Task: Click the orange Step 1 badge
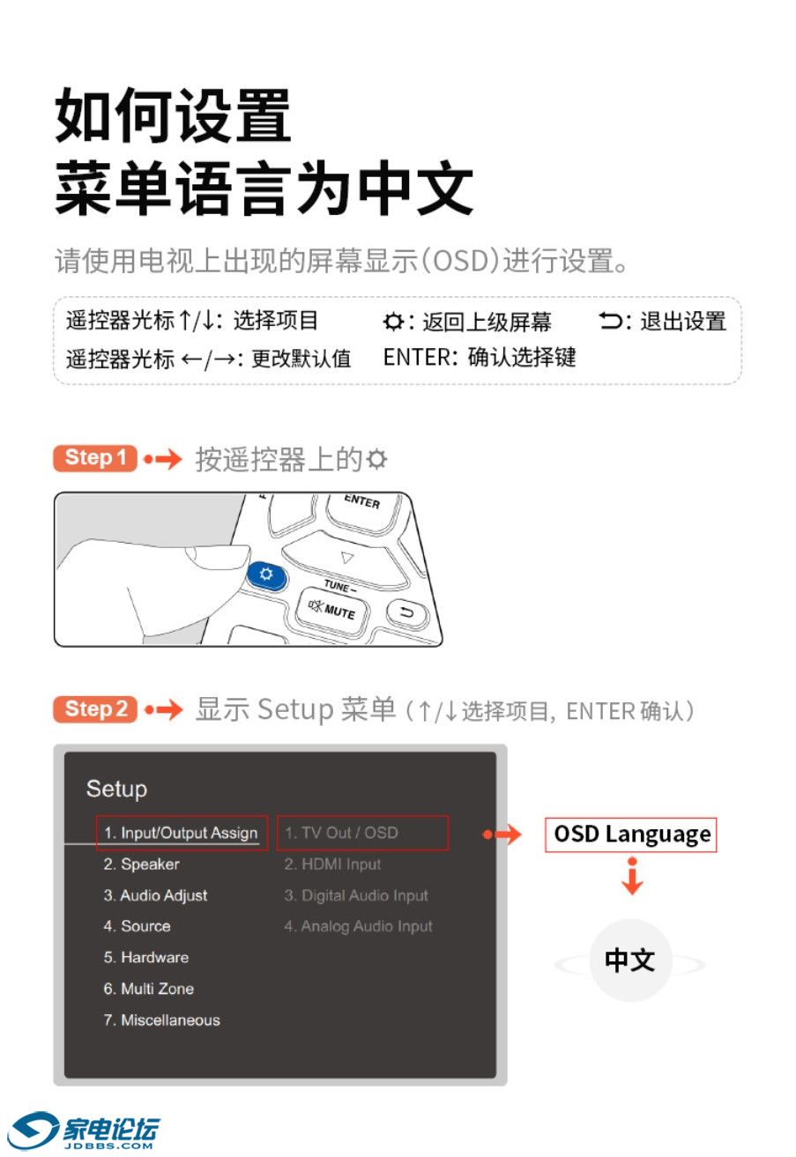coord(94,457)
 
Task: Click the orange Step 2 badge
coord(94,708)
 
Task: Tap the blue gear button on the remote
coord(265,574)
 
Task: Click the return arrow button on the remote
coord(407,612)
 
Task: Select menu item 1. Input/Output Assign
coord(181,832)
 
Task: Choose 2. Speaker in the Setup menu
coord(141,864)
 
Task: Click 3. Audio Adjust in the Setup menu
coord(155,895)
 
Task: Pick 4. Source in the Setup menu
coord(137,925)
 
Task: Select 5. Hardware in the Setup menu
coord(145,957)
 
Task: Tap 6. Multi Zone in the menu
coord(148,988)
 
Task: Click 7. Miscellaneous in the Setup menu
coord(161,1020)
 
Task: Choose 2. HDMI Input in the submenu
coord(332,864)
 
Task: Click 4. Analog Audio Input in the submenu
coord(358,926)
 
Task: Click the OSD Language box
coord(630,834)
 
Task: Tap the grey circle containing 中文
coord(630,960)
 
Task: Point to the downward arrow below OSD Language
coord(632,876)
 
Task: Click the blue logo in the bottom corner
coord(83,1131)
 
